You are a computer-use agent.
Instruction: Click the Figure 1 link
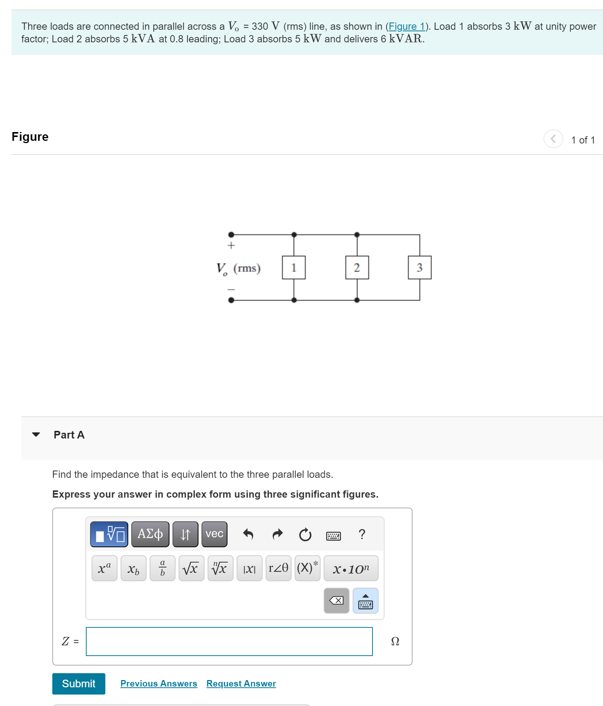pyautogui.click(x=406, y=26)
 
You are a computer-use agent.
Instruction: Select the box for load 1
pyautogui.click(x=293, y=268)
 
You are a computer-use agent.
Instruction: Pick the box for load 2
pyautogui.click(x=357, y=268)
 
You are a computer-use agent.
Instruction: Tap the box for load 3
pyautogui.click(x=419, y=268)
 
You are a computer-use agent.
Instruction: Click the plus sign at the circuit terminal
pyautogui.click(x=231, y=245)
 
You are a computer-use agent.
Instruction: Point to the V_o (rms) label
pyautogui.click(x=239, y=268)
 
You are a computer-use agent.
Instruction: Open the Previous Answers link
pyautogui.click(x=159, y=683)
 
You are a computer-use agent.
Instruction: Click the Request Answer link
pyautogui.click(x=241, y=683)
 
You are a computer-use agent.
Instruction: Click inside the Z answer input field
pyautogui.click(x=229, y=642)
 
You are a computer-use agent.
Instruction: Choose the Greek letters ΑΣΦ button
pyautogui.click(x=150, y=534)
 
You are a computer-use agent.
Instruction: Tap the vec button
pyautogui.click(x=214, y=534)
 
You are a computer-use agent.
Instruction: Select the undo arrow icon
pyautogui.click(x=248, y=534)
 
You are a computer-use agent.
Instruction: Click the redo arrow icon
pyautogui.click(x=277, y=534)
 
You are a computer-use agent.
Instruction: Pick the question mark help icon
pyautogui.click(x=362, y=534)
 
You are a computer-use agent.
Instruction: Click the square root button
pyautogui.click(x=191, y=569)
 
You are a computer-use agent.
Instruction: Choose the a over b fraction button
pyautogui.click(x=162, y=569)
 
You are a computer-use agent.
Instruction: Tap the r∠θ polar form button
pyautogui.click(x=278, y=569)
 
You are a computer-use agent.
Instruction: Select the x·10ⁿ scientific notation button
pyautogui.click(x=351, y=569)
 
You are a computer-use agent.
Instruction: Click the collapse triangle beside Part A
pyautogui.click(x=36, y=435)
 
